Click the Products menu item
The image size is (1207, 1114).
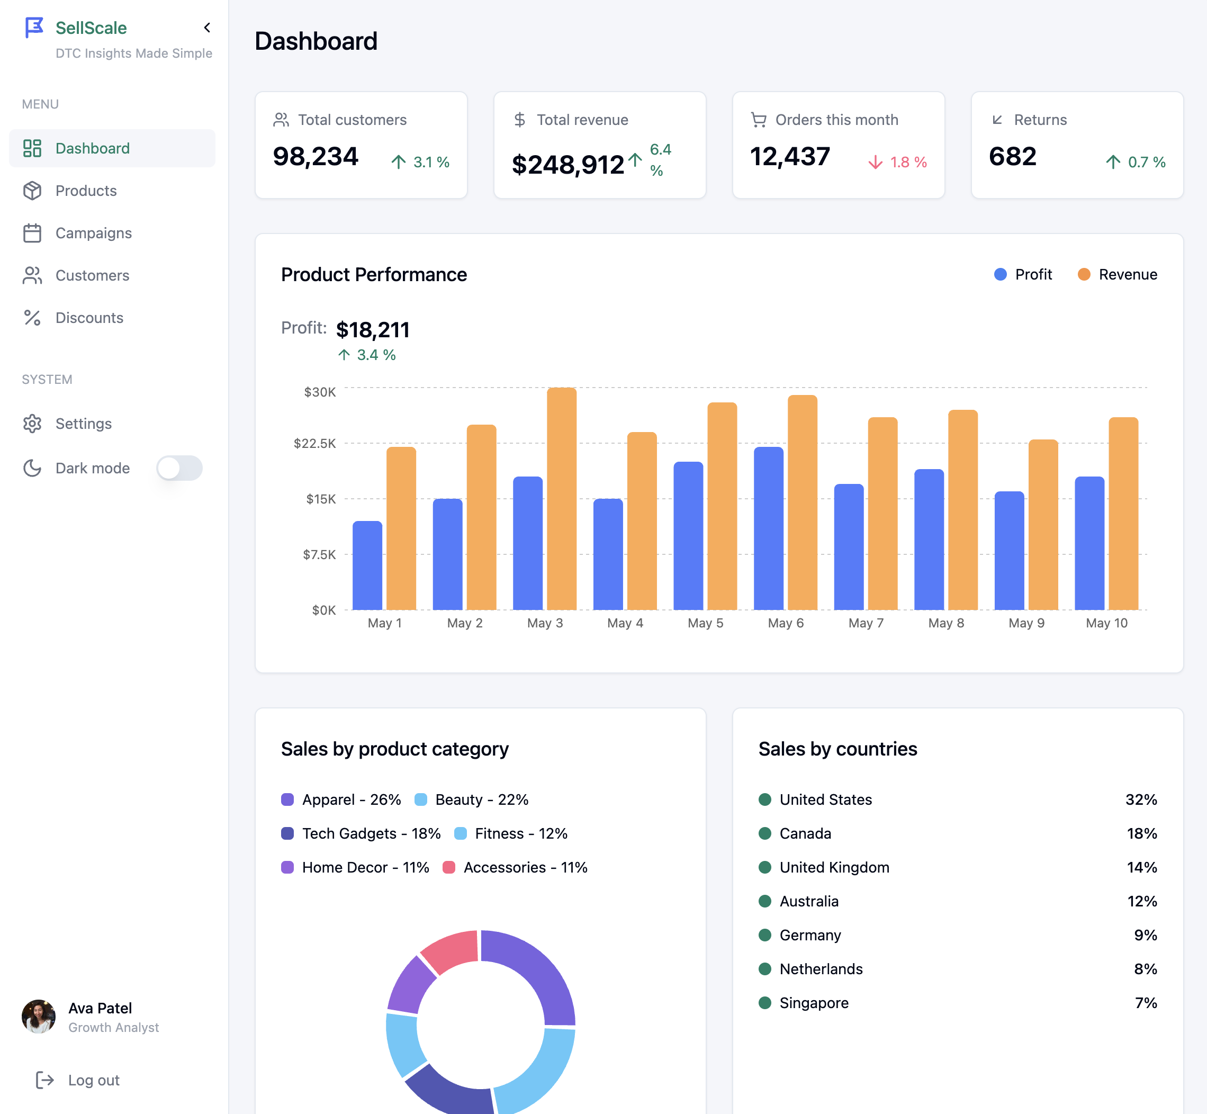(x=86, y=191)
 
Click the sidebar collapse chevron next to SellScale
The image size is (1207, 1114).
(x=206, y=28)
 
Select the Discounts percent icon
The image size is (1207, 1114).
(x=32, y=318)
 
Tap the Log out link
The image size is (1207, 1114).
(x=93, y=1080)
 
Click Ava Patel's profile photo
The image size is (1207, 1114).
(x=39, y=1017)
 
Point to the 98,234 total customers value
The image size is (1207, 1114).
(x=315, y=157)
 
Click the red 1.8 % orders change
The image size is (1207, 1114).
(x=898, y=162)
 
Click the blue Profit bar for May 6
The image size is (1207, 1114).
(x=768, y=528)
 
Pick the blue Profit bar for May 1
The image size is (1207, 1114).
(x=367, y=565)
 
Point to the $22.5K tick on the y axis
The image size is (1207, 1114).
(x=314, y=444)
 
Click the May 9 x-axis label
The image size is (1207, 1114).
(x=1026, y=623)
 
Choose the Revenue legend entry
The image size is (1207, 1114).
(x=1118, y=274)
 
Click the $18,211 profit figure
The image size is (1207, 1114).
(x=372, y=330)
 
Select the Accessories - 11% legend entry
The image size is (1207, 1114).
(x=516, y=867)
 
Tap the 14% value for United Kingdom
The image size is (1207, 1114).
(x=1141, y=867)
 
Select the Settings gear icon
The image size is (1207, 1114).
(x=32, y=424)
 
